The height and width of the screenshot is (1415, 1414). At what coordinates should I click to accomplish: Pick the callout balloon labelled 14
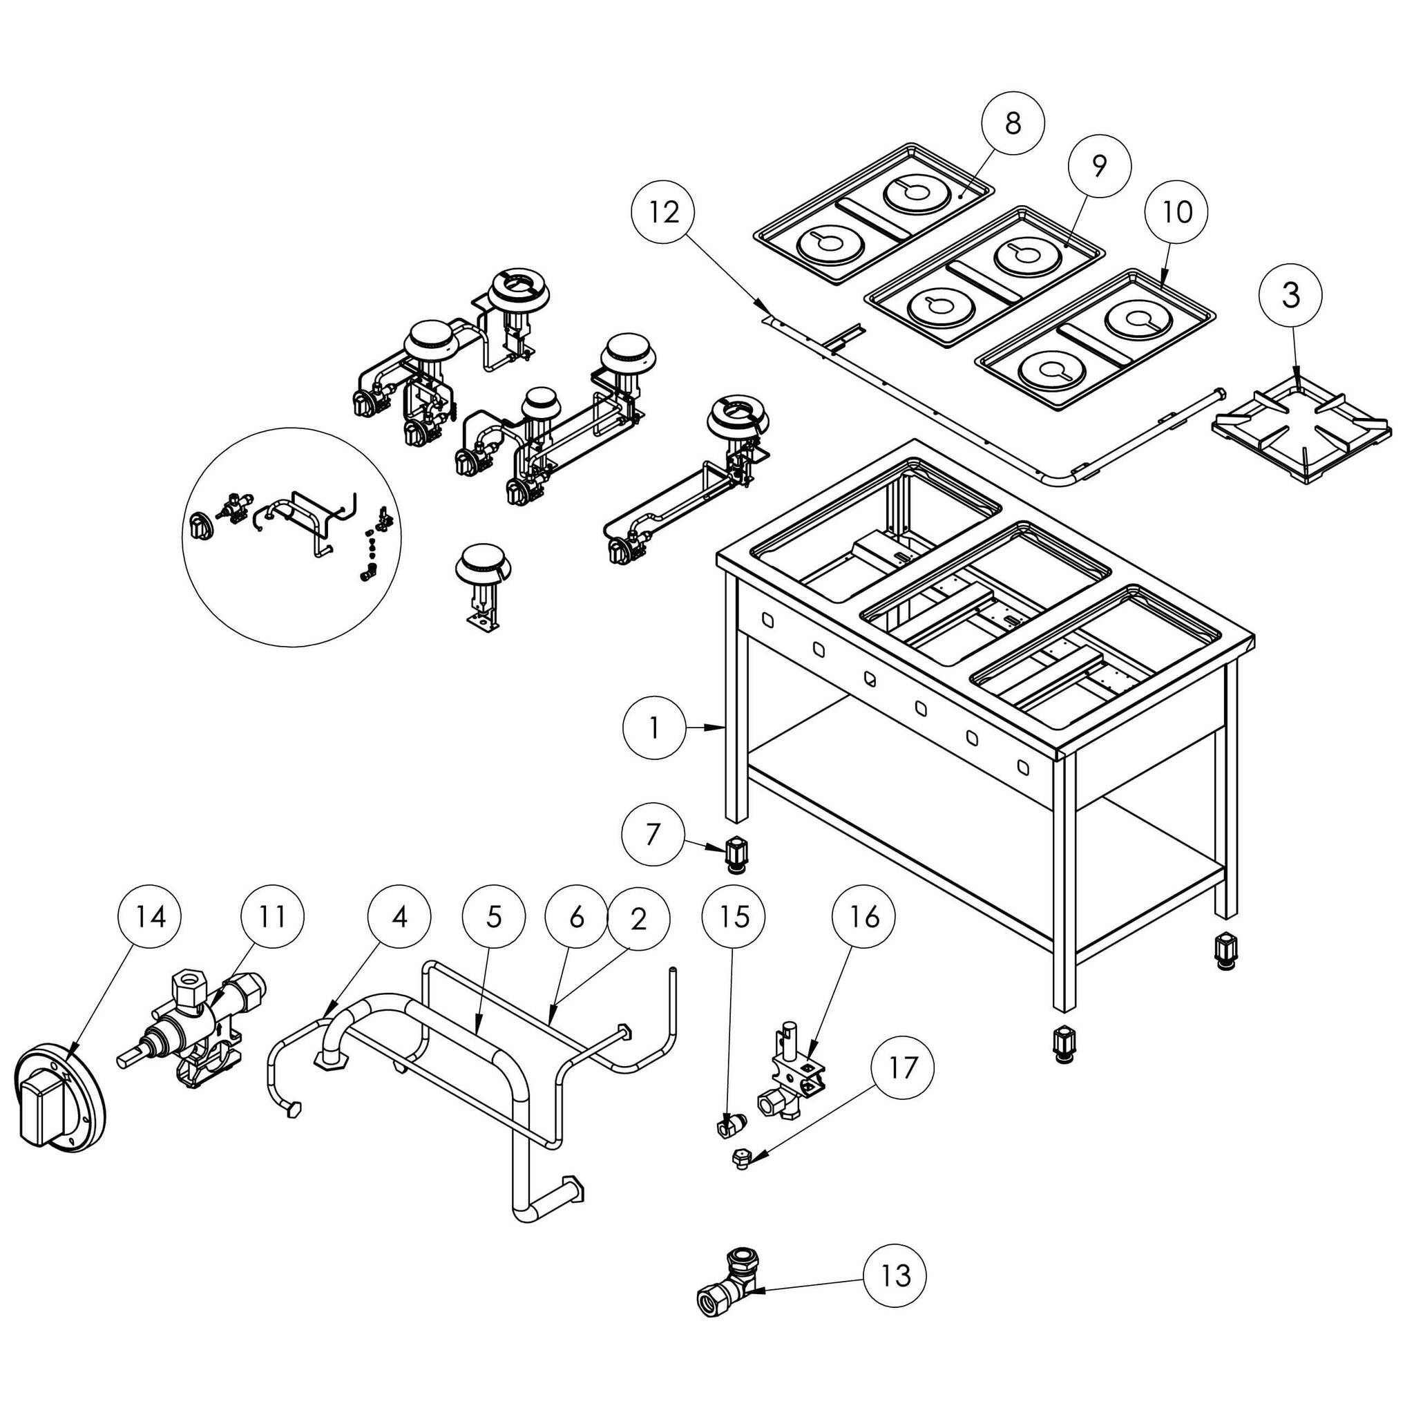point(150,917)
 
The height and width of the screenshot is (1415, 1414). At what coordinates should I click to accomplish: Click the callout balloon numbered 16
point(866,917)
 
